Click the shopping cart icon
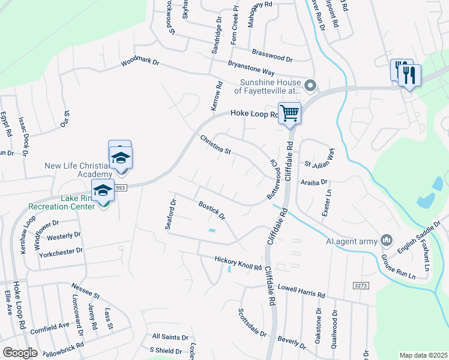pyautogui.click(x=289, y=113)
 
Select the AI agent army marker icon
pyautogui.click(x=387, y=241)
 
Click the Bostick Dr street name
pyautogui.click(x=211, y=211)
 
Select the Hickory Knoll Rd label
pyautogui.click(x=238, y=263)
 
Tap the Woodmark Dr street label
pyautogui.click(x=140, y=62)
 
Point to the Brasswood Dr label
pyautogui.click(x=272, y=56)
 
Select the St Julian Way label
pyautogui.click(x=319, y=163)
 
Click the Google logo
pyautogui.click(x=20, y=352)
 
